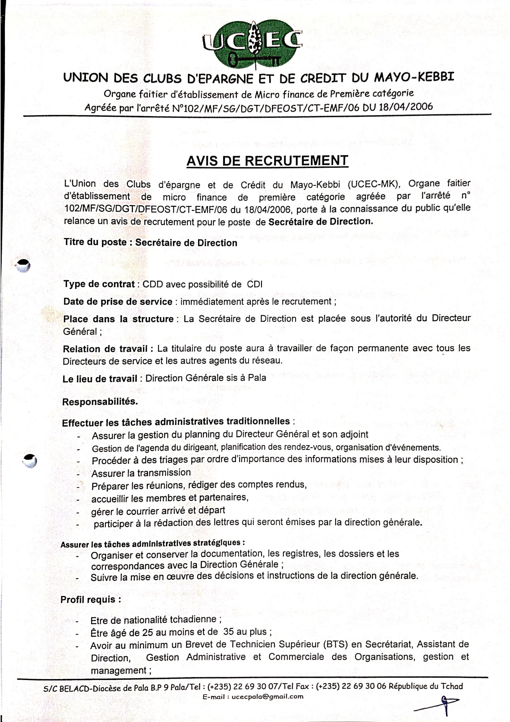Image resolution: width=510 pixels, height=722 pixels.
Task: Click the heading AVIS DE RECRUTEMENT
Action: tap(267, 161)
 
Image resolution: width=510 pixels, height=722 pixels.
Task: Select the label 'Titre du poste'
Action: tap(95, 242)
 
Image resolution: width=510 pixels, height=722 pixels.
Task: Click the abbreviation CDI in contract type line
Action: tap(255, 284)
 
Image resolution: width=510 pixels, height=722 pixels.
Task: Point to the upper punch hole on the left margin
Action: tap(23, 265)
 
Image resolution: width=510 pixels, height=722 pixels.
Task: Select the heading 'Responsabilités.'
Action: tap(100, 402)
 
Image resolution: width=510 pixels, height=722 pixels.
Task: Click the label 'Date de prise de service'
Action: tap(118, 302)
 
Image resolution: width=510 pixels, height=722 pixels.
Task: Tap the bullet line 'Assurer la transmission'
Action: tap(141, 473)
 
